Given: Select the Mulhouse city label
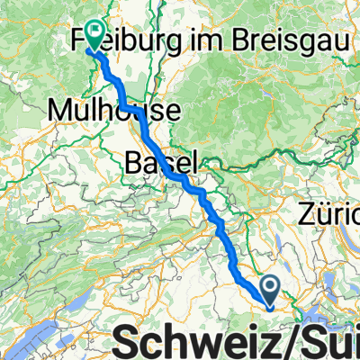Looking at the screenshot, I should [113, 110].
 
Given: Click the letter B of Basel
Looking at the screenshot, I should [131, 164].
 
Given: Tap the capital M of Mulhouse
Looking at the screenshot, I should [59, 110].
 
